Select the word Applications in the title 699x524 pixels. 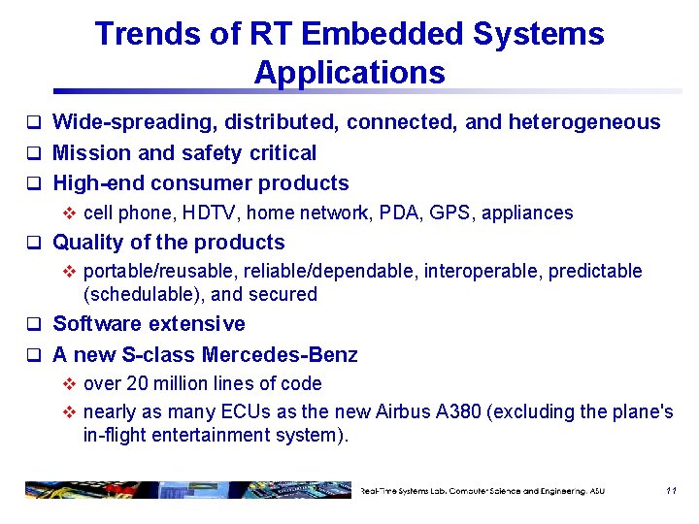(x=349, y=73)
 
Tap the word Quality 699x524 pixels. (x=88, y=243)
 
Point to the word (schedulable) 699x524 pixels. (x=144, y=295)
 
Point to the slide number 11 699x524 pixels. (x=671, y=491)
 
